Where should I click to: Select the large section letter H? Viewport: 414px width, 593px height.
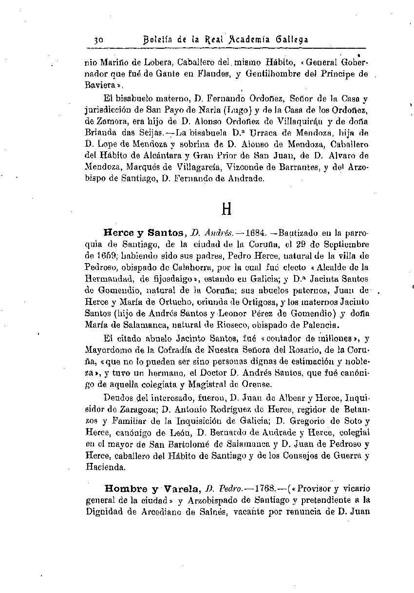point(226,210)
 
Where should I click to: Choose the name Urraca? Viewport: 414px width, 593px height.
point(263,133)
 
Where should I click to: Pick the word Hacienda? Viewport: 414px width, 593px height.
point(105,467)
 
